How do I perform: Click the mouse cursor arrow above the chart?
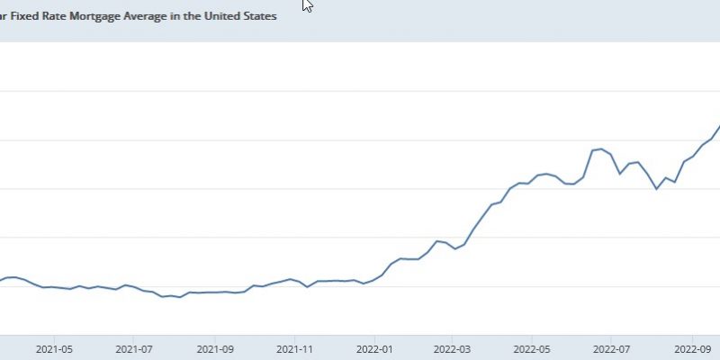(x=307, y=4)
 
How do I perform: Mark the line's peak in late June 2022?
(x=601, y=148)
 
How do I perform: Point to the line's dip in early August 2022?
(x=656, y=189)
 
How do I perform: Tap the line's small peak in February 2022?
(x=437, y=241)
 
